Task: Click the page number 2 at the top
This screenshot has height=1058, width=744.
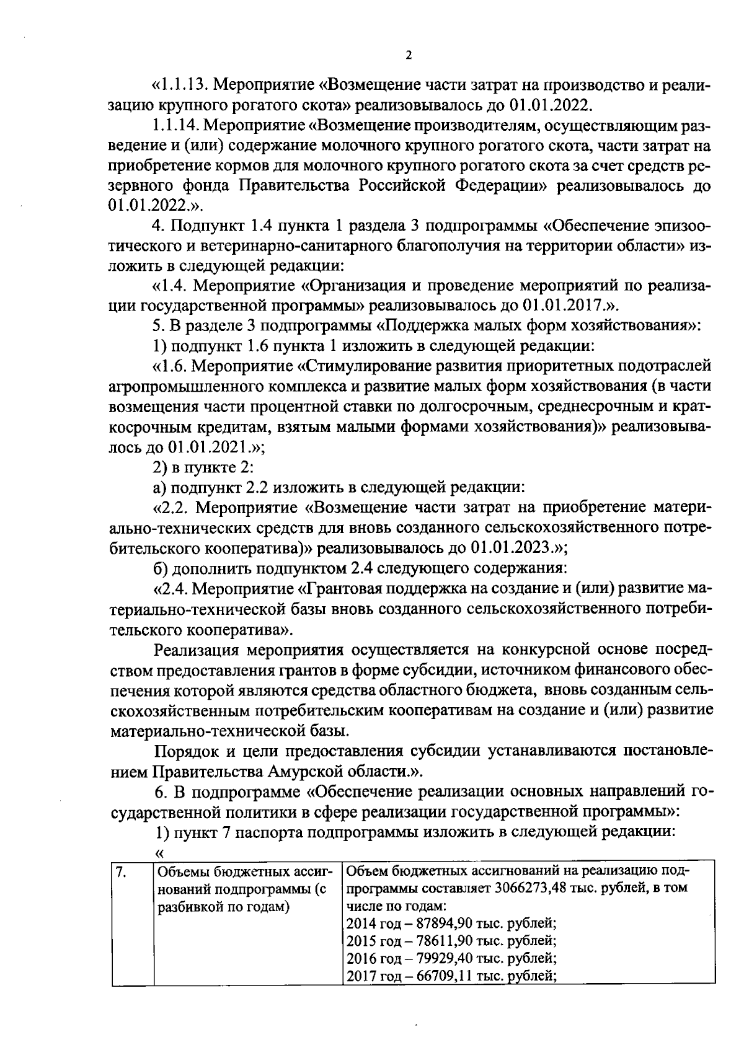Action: [408, 56]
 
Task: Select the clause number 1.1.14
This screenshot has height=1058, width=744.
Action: [175, 125]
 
